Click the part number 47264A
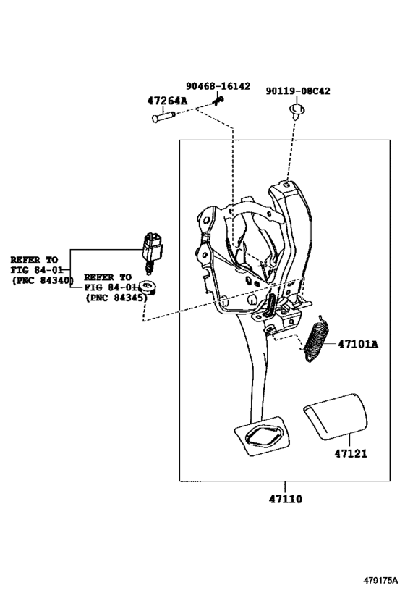[167, 101]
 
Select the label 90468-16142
[218, 86]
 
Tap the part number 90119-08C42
[298, 91]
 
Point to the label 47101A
[357, 344]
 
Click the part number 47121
[351, 453]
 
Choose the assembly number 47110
[286, 499]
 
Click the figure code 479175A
[381, 580]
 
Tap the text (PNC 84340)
[43, 280]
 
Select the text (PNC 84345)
[116, 298]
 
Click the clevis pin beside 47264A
[163, 117]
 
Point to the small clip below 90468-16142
[218, 101]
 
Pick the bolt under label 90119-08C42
[297, 111]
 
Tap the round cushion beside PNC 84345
[149, 289]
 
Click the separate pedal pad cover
[336, 416]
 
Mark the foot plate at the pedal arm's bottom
[263, 436]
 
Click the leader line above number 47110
[285, 487]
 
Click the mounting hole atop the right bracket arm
[286, 185]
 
